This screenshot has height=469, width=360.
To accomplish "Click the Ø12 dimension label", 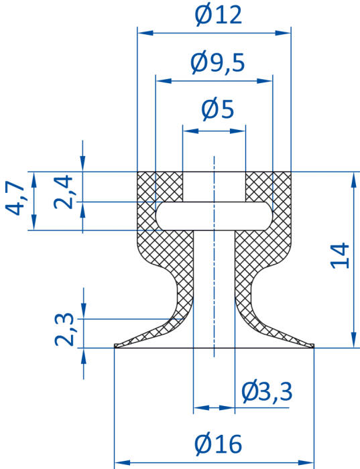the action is click(218, 15).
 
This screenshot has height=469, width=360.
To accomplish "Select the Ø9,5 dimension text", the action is click(218, 63).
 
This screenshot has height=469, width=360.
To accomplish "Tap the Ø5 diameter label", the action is click(217, 109).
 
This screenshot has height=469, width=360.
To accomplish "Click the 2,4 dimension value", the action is click(63, 192).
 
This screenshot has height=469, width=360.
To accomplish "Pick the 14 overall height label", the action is click(339, 257).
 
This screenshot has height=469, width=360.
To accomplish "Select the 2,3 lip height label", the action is click(64, 330).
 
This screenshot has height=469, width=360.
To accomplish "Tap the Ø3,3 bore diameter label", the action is click(267, 392).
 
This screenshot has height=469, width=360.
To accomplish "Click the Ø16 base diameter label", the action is click(218, 444).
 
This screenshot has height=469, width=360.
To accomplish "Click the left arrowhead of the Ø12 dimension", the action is click(145, 33).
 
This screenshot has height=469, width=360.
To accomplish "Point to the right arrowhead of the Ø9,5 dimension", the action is click(265, 81).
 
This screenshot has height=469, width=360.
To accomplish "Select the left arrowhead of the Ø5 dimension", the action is click(190, 131).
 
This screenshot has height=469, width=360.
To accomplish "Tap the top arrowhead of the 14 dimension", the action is click(355, 180).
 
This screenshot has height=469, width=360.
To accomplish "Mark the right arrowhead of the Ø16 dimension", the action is click(306, 463).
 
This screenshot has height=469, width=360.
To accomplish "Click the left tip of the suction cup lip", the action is click(115, 346).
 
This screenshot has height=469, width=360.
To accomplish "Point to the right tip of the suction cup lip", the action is click(314, 346).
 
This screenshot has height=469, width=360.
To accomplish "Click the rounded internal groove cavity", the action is click(214, 216).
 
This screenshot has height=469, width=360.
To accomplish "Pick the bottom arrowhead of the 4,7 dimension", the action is click(34, 222).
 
